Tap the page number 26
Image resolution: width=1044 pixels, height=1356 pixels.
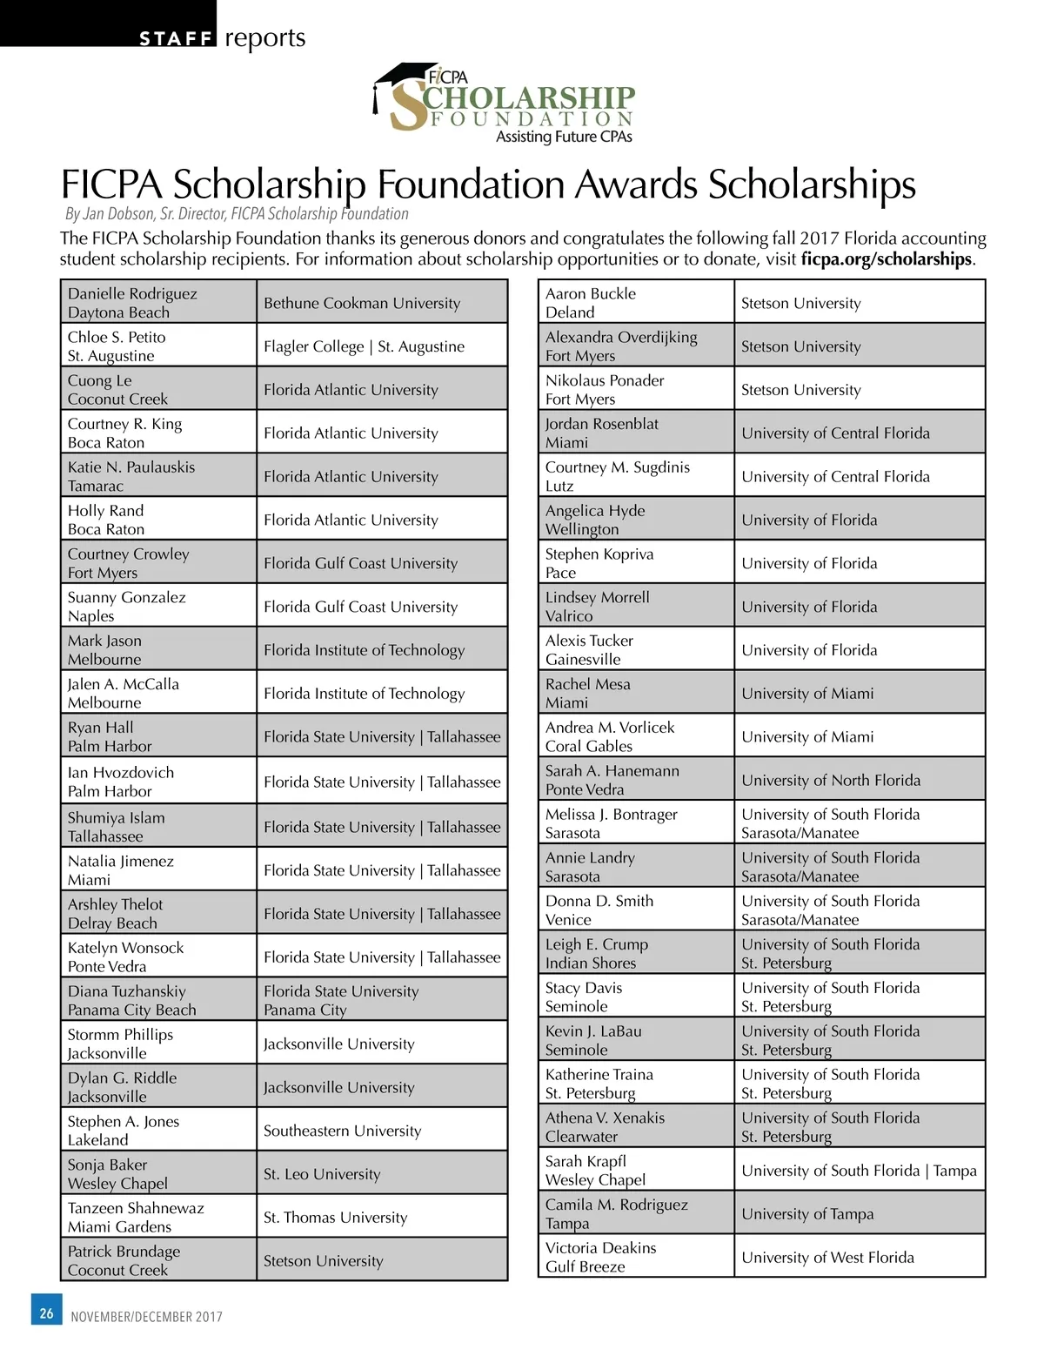point(47,1312)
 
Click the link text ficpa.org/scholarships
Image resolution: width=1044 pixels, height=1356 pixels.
point(886,259)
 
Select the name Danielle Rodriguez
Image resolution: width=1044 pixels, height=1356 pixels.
point(132,294)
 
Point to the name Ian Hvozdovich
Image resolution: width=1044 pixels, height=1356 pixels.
point(121,773)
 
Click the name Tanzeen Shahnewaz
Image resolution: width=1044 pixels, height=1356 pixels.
point(136,1208)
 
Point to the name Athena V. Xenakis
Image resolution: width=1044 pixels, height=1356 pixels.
point(605,1118)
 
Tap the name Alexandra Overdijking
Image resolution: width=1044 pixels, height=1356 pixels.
point(621,338)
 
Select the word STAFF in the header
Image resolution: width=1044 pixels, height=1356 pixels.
point(176,38)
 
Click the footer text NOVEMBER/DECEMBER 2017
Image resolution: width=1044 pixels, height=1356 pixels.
point(146,1317)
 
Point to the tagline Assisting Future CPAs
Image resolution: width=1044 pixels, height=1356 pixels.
point(564,137)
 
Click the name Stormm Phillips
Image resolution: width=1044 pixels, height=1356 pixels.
point(120,1035)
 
